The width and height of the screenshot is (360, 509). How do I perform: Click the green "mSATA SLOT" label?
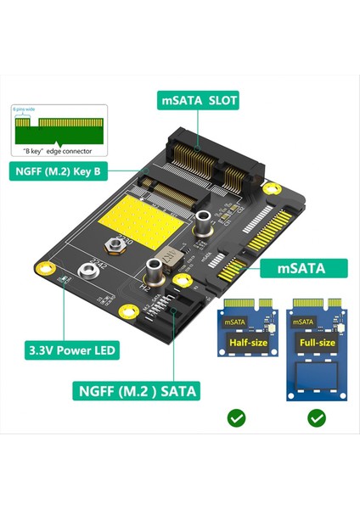(200, 101)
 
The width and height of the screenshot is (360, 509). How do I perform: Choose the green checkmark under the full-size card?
(317, 417)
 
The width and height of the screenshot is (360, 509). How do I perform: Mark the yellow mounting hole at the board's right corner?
(270, 188)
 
